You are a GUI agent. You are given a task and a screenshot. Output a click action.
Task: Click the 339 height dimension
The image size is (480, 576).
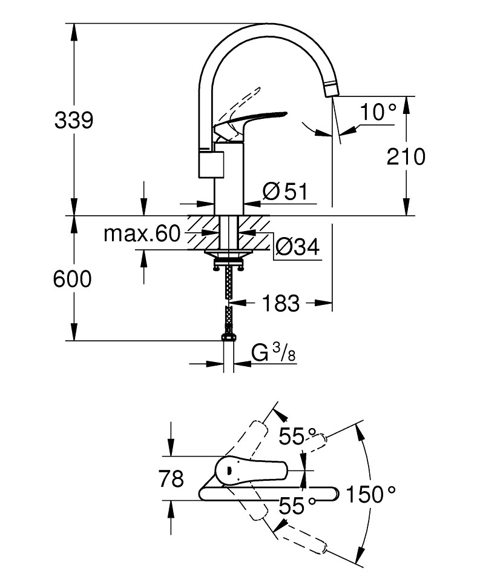tap(74, 120)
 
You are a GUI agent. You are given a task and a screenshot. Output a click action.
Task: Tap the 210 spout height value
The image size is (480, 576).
tap(406, 156)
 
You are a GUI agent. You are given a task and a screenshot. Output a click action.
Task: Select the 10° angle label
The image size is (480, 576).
tap(378, 112)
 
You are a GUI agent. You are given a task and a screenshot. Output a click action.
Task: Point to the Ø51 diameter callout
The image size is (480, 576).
tap(286, 192)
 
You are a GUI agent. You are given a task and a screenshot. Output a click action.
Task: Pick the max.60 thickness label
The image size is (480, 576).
tap(142, 233)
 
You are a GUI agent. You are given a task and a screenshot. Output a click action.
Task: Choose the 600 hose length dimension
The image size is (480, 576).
tap(72, 279)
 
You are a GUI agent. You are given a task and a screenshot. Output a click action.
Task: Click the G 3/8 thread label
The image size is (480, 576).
tap(273, 353)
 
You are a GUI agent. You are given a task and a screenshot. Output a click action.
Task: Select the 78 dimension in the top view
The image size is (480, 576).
tap(171, 479)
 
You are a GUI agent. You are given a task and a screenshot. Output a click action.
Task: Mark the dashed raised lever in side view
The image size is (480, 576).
tap(242, 100)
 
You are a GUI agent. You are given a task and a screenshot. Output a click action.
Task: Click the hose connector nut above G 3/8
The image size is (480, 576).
tap(228, 335)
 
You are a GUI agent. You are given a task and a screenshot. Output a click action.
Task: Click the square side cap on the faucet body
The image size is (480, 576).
tap(211, 164)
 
